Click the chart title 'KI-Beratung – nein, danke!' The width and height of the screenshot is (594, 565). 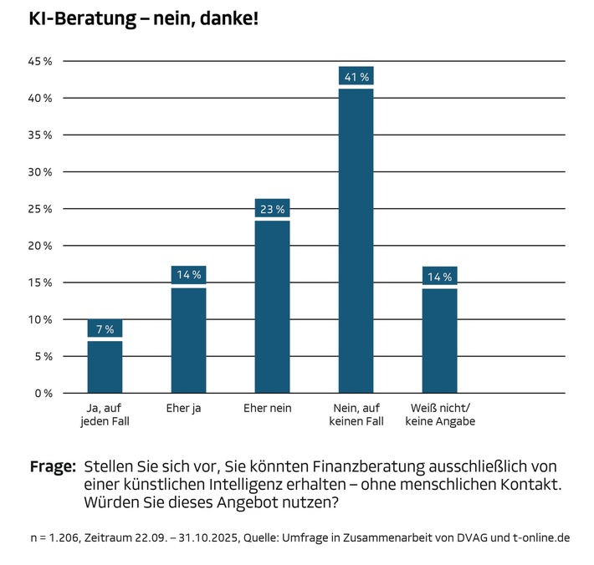(x=144, y=18)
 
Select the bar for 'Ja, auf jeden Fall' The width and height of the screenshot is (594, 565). (x=105, y=367)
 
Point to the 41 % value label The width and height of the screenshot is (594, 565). (x=356, y=77)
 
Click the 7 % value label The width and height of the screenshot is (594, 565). (x=105, y=329)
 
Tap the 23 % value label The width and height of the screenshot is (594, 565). (x=272, y=210)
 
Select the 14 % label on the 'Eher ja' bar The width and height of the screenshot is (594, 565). (x=188, y=276)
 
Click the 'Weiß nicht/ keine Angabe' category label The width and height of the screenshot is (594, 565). (x=440, y=415)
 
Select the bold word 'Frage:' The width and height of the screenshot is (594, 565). (x=53, y=466)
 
